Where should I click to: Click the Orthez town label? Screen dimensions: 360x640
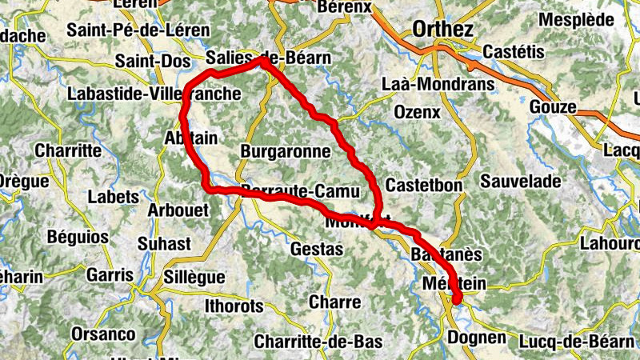[x=443, y=30]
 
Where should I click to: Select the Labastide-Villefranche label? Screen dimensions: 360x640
[x=154, y=94]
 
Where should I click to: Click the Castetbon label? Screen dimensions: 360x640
[x=424, y=185]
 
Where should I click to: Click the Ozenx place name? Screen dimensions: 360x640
[x=417, y=113]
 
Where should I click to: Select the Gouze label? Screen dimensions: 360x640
[x=553, y=107]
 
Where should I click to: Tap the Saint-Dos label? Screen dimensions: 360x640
[x=153, y=61]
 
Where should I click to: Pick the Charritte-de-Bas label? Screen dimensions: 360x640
[x=318, y=342]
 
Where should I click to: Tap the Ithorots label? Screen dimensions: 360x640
[x=234, y=306]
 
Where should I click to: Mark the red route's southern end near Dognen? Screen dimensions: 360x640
[x=458, y=301]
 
